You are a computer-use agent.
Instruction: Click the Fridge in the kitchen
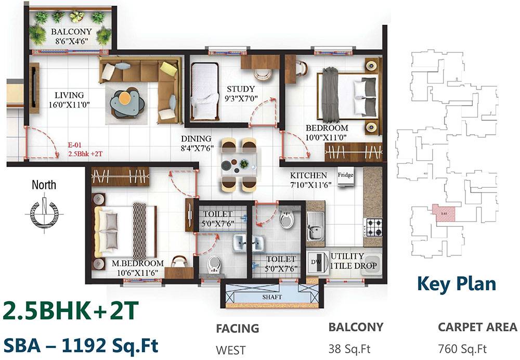(x=346, y=175)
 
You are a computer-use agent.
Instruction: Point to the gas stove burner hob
(x=373, y=227)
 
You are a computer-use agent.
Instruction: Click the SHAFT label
(x=272, y=297)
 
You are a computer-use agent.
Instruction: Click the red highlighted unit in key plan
(x=444, y=213)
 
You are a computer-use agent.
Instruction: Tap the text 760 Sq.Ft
(x=462, y=348)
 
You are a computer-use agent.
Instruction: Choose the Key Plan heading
(x=456, y=284)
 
